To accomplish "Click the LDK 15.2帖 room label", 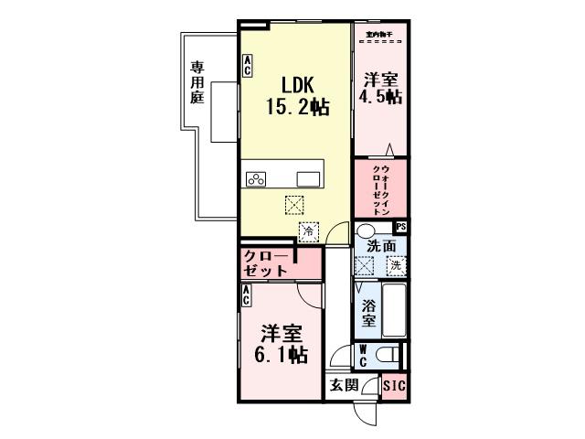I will tap(297, 93).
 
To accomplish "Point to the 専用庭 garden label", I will tap(197, 82).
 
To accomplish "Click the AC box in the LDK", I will tap(248, 65).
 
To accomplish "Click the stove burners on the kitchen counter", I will tap(257, 178).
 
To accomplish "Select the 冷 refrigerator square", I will tap(308, 232).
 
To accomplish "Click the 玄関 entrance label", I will tap(344, 385).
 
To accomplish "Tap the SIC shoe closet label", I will tap(394, 385).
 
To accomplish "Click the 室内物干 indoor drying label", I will tap(378, 34).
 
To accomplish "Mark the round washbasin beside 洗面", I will tap(366, 230).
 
